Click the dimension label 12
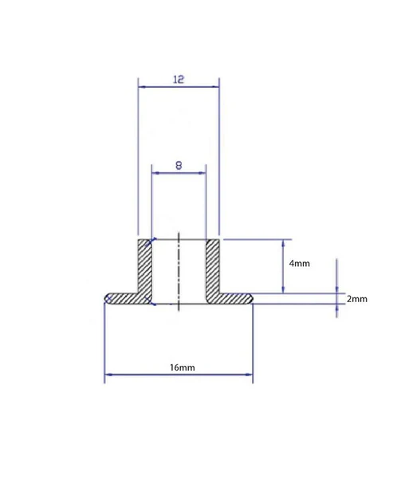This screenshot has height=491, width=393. [x=179, y=79]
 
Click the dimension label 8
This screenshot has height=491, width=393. [x=179, y=165]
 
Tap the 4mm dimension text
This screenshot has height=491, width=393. [x=300, y=263]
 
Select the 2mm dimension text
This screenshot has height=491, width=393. [x=356, y=299]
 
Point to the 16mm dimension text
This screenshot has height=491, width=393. [x=183, y=367]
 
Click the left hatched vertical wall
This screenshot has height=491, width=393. [x=144, y=266]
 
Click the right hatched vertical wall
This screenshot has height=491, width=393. [x=213, y=266]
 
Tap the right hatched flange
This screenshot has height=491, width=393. [x=230, y=299]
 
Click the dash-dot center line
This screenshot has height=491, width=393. [x=179, y=272]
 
